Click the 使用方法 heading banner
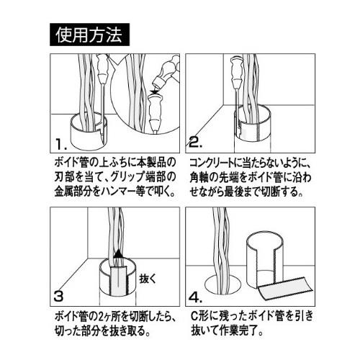pos(89,35)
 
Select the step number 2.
pos(195,142)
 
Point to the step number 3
pos(58,296)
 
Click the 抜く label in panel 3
pos(148,279)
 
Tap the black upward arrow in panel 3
pos(118,254)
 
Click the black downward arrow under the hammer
pos(154,91)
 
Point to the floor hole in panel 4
pos(223,285)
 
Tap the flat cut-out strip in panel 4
pos(285,290)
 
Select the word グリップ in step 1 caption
pos(127,177)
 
